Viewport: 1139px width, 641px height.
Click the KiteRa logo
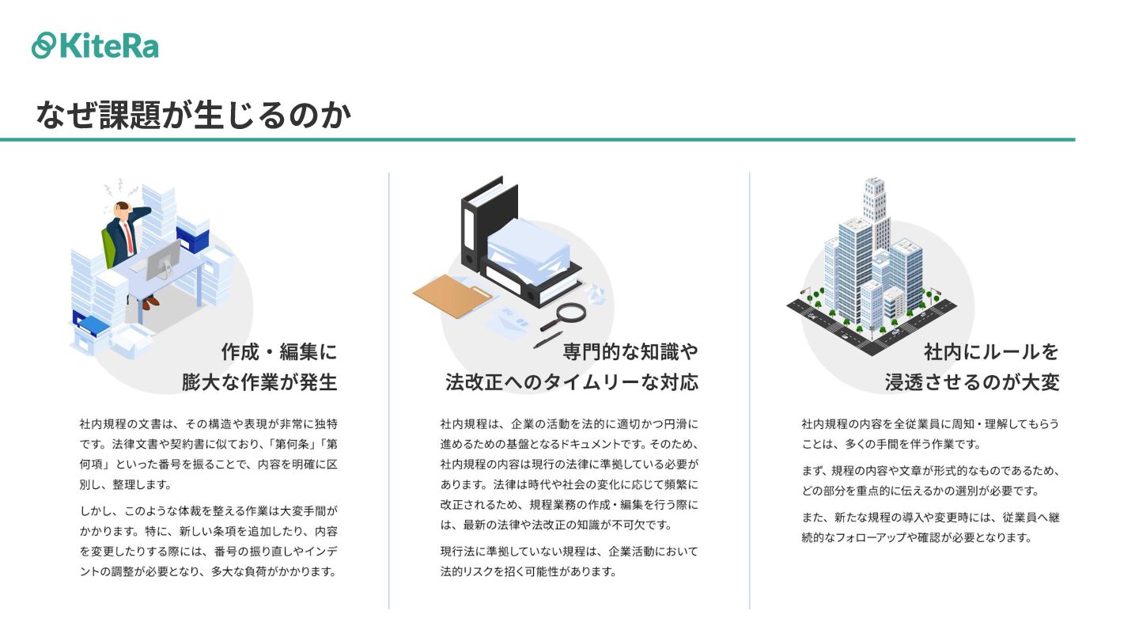(95, 45)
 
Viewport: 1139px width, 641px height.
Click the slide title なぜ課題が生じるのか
(193, 116)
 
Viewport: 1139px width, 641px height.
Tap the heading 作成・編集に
(279, 351)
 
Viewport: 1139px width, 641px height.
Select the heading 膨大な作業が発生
(259, 383)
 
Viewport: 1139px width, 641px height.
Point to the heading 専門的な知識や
(630, 351)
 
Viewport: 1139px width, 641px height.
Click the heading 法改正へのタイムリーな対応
(572, 383)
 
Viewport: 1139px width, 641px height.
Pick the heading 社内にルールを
(991, 351)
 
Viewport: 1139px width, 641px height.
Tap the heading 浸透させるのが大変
(972, 383)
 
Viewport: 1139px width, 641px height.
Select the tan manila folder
(453, 295)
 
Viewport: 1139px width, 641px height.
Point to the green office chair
(110, 245)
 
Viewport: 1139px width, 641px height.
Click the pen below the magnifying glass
(547, 339)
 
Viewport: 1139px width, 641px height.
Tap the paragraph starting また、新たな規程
(930, 527)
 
